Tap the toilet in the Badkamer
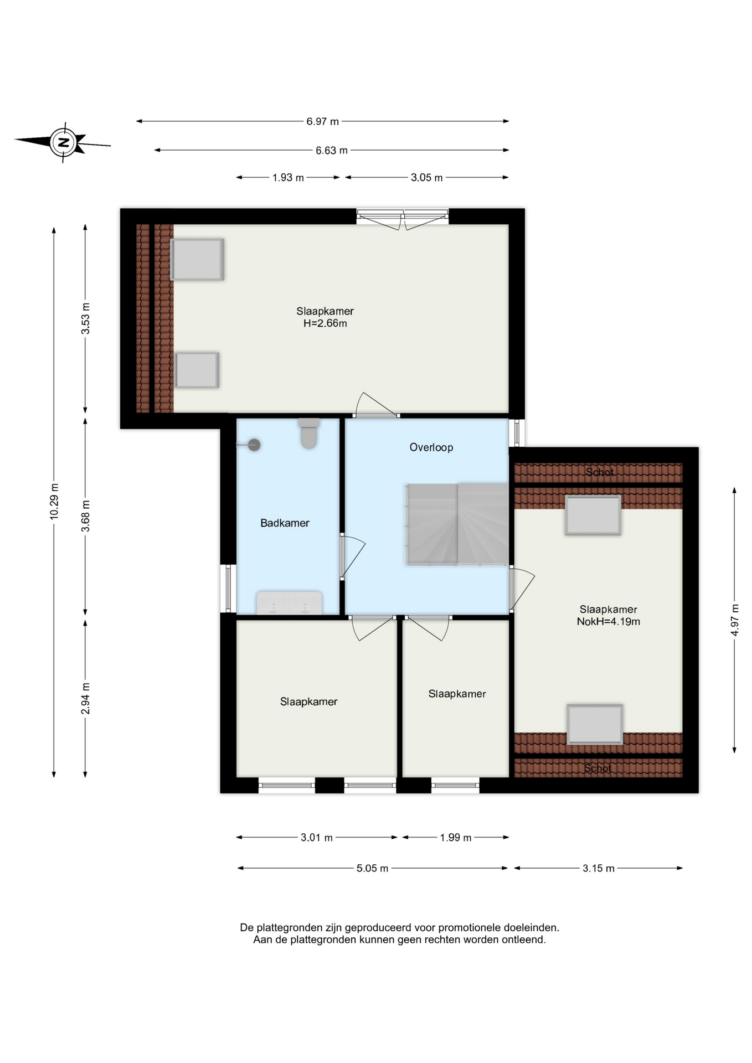[x=309, y=433]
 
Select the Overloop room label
[x=431, y=447]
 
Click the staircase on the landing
[x=457, y=524]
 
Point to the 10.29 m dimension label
[x=54, y=501]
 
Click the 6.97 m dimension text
[x=323, y=121]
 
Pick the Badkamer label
[x=285, y=523]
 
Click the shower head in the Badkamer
[x=254, y=445]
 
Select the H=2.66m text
[x=325, y=323]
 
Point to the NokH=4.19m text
[x=609, y=622]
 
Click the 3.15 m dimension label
[x=599, y=868]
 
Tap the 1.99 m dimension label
[x=456, y=838]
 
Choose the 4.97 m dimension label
[x=735, y=620]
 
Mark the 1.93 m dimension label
[x=288, y=178]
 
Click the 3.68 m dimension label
[x=86, y=516]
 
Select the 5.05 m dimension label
[x=372, y=868]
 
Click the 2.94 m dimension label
[x=86, y=699]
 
